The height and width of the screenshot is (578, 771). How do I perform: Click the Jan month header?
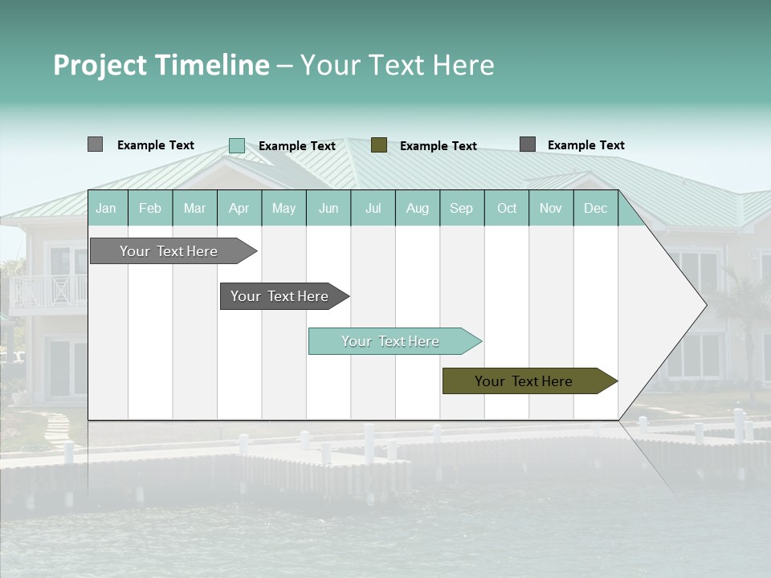click(106, 208)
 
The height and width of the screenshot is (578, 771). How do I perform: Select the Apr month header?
click(239, 208)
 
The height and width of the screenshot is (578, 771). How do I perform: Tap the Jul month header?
click(373, 208)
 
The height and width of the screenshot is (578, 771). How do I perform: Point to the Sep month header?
click(461, 208)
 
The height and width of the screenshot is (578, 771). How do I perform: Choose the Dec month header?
click(595, 208)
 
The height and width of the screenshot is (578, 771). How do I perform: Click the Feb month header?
click(150, 208)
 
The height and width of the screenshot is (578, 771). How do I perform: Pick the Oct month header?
click(507, 208)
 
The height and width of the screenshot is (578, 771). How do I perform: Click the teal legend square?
click(237, 145)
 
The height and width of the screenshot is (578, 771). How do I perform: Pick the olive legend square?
click(379, 145)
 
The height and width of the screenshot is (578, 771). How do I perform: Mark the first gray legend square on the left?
click(95, 144)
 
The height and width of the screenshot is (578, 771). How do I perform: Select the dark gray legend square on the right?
click(528, 144)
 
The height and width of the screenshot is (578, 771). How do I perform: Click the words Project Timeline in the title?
click(161, 65)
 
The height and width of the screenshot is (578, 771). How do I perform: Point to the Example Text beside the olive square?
click(438, 146)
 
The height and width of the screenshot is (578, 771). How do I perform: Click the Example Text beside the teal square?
click(296, 146)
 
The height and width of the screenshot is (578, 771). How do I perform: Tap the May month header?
click(284, 208)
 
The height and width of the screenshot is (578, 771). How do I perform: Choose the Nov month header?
click(551, 208)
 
